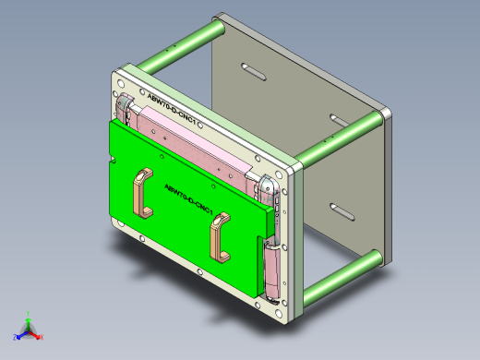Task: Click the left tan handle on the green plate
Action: (141, 193)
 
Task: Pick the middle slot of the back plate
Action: (339, 120)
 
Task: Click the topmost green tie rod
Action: (182, 52)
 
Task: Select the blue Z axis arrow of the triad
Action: (21, 334)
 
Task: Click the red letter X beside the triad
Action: (42, 337)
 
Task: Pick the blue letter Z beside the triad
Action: (16, 337)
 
